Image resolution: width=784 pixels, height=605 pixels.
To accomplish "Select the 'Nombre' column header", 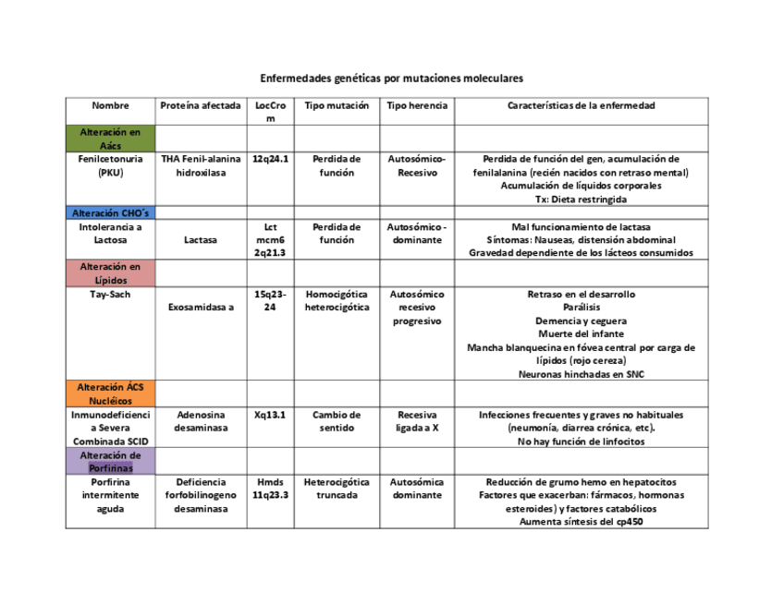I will pos(110,106).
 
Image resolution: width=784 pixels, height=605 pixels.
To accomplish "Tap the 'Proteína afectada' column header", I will pos(200,106).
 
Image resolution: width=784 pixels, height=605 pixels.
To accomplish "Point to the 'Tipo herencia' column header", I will pos(416,106).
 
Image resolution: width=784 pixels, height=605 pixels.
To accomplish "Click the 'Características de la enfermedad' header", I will pos(581,106).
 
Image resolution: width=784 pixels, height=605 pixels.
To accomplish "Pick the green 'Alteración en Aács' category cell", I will pos(110,139).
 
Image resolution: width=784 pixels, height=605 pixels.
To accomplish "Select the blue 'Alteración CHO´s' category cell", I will pos(110,213).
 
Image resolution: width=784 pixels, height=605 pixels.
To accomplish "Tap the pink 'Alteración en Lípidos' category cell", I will pos(110,273).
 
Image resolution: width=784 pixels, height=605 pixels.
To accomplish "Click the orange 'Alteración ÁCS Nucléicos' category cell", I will pos(110,393).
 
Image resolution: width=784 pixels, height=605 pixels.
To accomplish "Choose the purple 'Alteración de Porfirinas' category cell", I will pos(110,462).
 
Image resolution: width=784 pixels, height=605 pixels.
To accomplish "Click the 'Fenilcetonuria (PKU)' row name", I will pos(110,165).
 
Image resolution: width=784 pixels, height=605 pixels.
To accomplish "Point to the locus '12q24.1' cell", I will pos(271,159).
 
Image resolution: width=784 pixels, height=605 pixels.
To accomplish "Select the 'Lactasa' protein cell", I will pos(200,240).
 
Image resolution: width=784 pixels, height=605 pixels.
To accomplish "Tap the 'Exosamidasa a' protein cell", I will pos(200,308).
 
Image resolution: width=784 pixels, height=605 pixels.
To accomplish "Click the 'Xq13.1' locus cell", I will pos(271,416).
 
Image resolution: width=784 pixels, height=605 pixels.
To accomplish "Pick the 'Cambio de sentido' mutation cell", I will pos(337,422).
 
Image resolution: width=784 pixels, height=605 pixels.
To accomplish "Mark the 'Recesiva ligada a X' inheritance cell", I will pos(416,422).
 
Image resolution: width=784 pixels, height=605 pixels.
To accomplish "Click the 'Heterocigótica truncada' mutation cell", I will pos(337,489).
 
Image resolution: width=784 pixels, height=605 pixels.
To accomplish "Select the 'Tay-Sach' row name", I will pos(110,295).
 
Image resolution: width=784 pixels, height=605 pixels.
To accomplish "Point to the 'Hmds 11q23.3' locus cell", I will pos(271,489).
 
